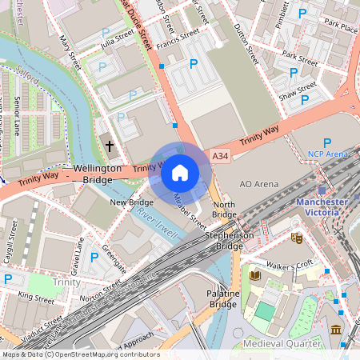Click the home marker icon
coord(180,173)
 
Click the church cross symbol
coord(110,146)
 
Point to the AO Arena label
coord(259,184)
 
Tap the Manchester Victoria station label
coord(323,208)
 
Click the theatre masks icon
coord(297,238)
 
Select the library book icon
coord(255,275)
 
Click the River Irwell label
coord(155,218)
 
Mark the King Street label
coord(35,297)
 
